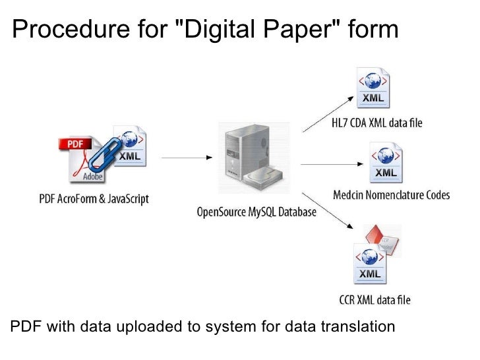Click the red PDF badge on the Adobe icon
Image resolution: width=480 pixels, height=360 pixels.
click(x=75, y=144)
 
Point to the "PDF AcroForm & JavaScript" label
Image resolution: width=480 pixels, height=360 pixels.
click(x=93, y=198)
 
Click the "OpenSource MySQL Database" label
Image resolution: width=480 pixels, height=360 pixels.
click(x=256, y=212)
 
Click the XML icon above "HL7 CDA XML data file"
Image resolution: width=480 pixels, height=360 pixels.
click(x=373, y=90)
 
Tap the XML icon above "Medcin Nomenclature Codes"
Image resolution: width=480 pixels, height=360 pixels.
click(x=385, y=164)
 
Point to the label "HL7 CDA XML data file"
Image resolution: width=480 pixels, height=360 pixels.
click(x=376, y=123)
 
